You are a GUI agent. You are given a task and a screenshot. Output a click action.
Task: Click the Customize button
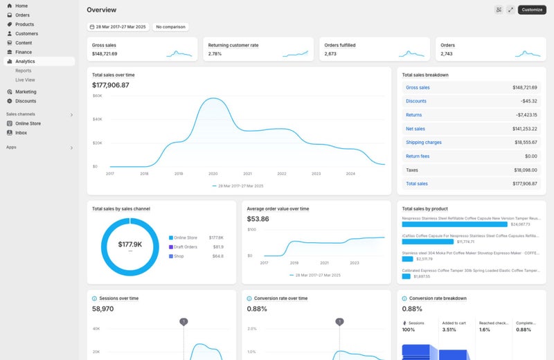point(532,10)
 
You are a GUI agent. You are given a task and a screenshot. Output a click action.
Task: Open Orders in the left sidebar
point(22,15)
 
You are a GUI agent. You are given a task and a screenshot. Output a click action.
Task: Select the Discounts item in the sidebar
point(26,101)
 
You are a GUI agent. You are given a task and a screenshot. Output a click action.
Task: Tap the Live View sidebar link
point(25,80)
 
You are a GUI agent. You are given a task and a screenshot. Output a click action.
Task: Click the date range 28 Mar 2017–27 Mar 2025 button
point(117,27)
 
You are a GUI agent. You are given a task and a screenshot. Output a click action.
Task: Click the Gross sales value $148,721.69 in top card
point(105,53)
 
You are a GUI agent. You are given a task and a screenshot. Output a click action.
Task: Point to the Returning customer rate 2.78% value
point(215,53)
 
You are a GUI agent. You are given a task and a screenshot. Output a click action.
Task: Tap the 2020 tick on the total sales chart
point(213,174)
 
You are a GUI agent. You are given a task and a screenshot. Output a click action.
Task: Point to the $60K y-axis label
point(97,96)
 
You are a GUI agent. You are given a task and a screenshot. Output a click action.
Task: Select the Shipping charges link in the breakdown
point(423,143)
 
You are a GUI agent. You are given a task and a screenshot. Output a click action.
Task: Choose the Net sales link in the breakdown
point(415,129)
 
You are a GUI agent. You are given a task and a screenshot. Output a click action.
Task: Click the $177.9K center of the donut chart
point(129,244)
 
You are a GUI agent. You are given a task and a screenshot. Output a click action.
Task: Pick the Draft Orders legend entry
point(185,247)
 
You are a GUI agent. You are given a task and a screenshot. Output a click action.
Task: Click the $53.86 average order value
point(258,219)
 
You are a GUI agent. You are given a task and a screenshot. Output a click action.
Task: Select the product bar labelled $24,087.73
point(454,224)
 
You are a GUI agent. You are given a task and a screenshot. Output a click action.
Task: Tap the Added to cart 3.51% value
point(449,330)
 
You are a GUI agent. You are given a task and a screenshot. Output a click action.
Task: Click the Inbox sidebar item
point(22,132)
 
